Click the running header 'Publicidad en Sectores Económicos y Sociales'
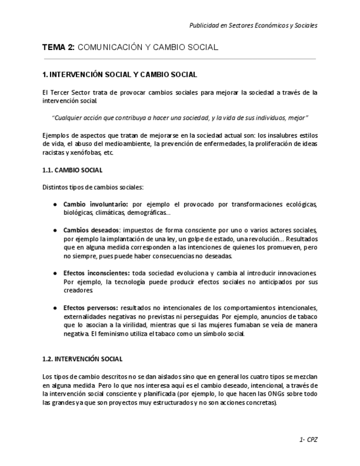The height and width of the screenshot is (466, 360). [253, 25]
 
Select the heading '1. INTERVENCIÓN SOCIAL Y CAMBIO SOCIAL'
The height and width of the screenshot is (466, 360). [119, 75]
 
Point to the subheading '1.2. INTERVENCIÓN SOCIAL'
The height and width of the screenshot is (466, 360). [82, 359]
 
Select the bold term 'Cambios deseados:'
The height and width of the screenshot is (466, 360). [91, 230]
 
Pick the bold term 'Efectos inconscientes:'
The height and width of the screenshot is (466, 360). [97, 273]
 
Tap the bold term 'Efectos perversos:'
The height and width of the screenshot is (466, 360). [91, 308]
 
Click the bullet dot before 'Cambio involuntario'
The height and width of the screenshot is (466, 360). [55, 204]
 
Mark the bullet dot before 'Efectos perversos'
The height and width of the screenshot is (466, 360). [55, 308]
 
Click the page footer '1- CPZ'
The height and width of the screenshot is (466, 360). [308, 440]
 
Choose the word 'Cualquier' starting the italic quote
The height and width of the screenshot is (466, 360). [67, 118]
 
